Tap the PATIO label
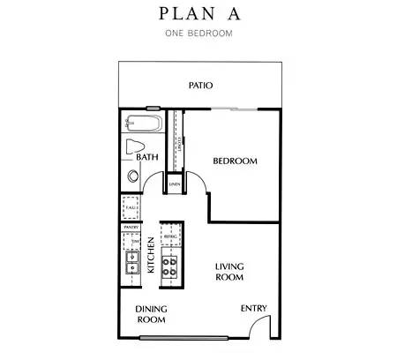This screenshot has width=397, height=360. [201, 86]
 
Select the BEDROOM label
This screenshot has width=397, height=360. [235, 161]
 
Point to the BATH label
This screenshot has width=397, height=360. [147, 157]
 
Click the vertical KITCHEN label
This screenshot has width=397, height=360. [152, 255]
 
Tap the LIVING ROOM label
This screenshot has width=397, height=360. [228, 271]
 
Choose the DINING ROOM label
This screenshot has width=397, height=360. [152, 314]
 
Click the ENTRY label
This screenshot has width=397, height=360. [255, 308]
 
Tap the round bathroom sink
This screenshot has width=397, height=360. [133, 176]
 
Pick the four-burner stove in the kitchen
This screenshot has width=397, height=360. [171, 261]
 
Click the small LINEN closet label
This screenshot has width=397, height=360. [176, 184]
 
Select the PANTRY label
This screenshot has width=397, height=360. [132, 227]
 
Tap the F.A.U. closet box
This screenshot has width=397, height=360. [131, 207]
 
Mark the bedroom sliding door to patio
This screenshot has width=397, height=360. [235, 109]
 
